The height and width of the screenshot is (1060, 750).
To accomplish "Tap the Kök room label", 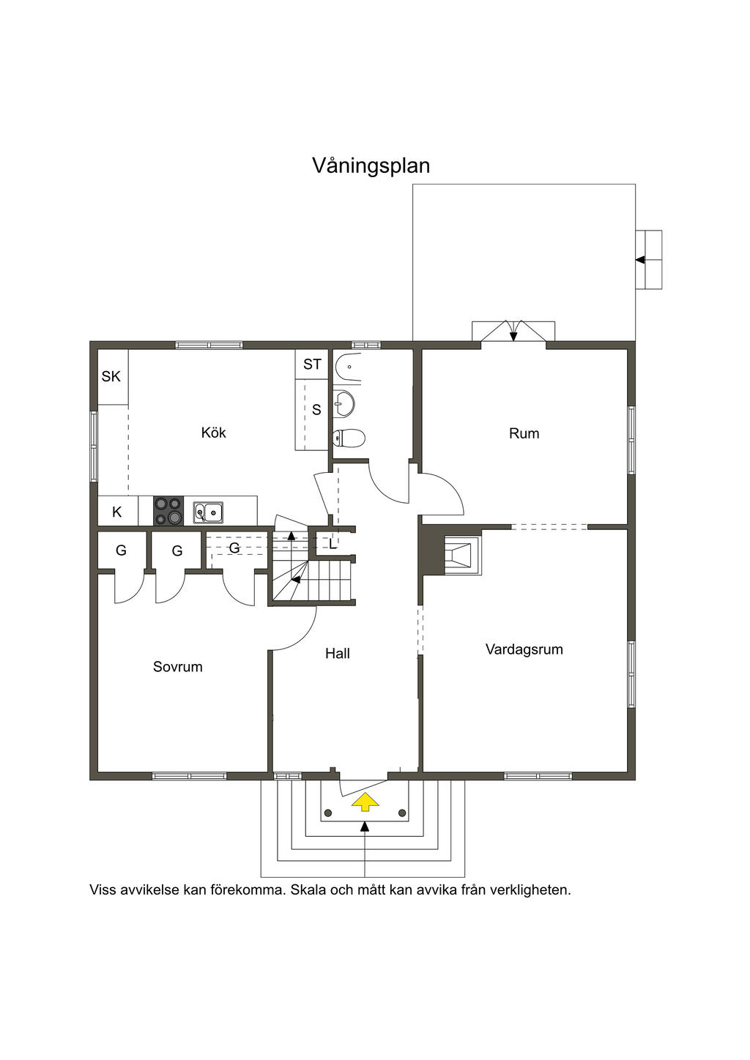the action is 214,433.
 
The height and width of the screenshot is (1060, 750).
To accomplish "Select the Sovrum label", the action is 177,667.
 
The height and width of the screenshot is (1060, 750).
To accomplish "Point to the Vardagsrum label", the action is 524,649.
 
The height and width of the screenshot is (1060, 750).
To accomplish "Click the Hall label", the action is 338,654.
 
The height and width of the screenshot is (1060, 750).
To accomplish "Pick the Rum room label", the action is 524,433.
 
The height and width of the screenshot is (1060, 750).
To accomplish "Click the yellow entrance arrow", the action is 365,802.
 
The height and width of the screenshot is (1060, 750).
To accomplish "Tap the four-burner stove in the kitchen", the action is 168,510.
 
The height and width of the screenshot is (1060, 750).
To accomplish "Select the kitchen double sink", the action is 208,512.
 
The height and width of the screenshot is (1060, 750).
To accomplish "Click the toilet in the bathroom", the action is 349,438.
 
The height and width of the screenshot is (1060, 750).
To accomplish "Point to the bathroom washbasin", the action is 344,403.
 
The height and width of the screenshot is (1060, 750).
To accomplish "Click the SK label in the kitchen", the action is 111,377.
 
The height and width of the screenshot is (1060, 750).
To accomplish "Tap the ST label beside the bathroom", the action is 312,364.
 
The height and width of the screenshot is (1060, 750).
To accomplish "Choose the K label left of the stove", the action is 117,512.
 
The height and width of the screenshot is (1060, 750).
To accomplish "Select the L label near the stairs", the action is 333,545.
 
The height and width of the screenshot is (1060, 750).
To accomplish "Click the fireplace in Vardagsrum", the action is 461,555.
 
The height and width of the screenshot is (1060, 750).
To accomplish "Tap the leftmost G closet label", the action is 121,550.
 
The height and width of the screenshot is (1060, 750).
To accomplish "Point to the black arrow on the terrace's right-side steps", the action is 641,260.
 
